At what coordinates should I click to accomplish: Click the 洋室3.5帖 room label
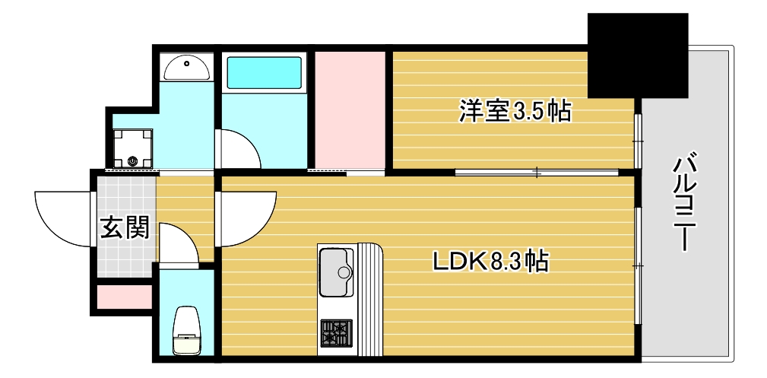click(515, 113)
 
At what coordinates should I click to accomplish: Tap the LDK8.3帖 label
click(491, 262)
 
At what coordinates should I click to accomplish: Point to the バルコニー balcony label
click(686, 202)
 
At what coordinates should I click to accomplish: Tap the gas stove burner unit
click(336, 333)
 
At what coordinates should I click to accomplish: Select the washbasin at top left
click(186, 69)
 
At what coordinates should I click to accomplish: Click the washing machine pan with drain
click(132, 148)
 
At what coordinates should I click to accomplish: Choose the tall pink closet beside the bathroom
click(350, 110)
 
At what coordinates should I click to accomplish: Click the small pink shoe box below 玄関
click(125, 297)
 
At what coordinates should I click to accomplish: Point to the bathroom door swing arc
click(240, 149)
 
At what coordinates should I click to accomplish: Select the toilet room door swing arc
click(179, 243)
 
